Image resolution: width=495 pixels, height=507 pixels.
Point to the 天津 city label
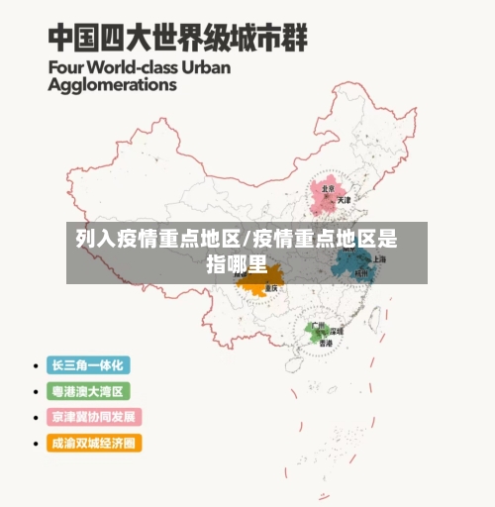tap(344, 200)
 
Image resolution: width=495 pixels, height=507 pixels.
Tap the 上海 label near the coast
tap(379, 258)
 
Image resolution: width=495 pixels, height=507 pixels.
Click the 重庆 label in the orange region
tap(268, 288)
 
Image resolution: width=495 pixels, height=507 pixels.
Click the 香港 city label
tap(326, 343)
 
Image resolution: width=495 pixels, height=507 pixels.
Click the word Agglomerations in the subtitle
tap(112, 85)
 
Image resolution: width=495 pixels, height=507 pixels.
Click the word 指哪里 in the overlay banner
tap(237, 263)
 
